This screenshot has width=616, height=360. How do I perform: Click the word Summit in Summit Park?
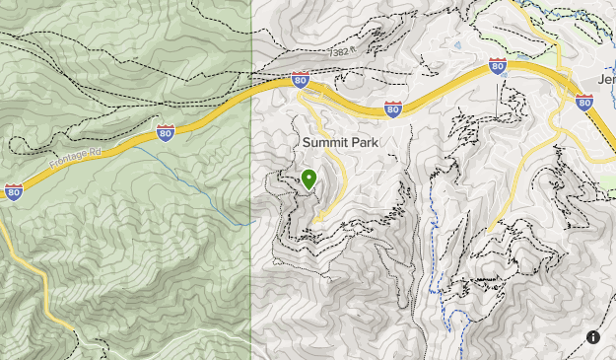click(x=325, y=143)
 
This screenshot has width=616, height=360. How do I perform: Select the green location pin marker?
click(x=308, y=179)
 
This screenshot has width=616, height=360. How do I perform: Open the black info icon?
click(x=593, y=337)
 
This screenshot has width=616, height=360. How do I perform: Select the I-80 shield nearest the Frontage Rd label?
click(x=166, y=132)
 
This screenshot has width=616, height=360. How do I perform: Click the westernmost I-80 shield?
click(x=14, y=192)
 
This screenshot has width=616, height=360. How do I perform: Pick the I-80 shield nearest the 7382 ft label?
click(x=301, y=81)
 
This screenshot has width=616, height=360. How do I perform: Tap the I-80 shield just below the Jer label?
click(x=583, y=102)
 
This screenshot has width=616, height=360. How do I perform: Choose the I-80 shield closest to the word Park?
click(x=393, y=109)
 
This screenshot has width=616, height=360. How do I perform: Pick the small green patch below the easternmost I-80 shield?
click(x=606, y=183)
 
